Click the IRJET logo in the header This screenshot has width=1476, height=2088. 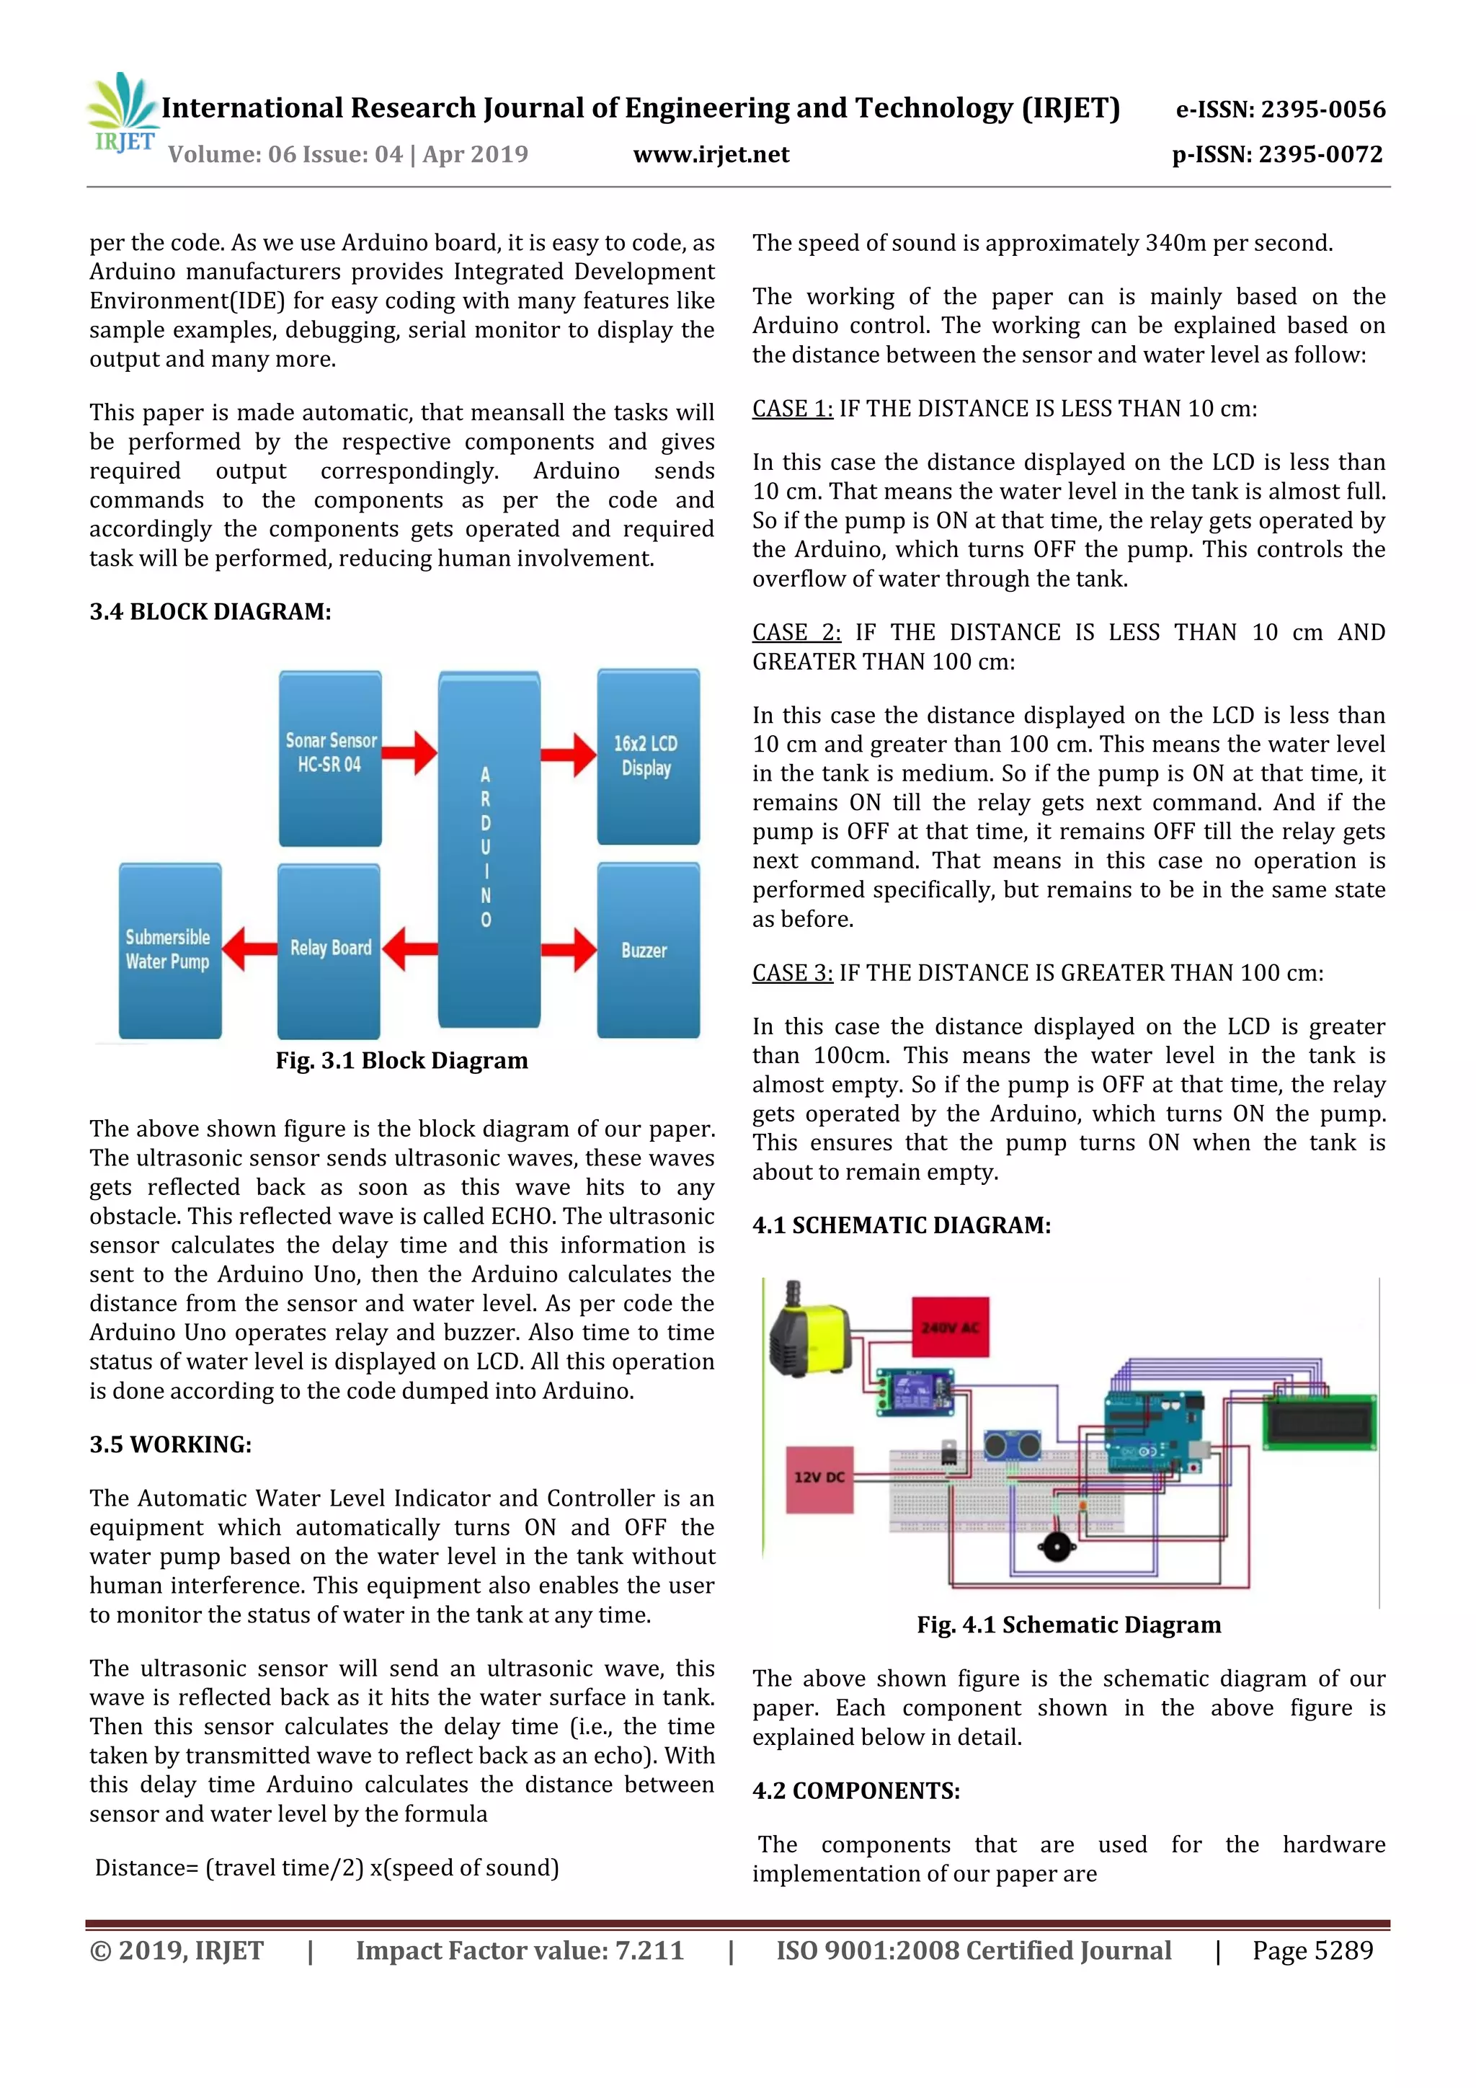[x=123, y=114]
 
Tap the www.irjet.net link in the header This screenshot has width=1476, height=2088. [x=711, y=154]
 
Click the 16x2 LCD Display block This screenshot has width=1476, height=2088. [x=647, y=757]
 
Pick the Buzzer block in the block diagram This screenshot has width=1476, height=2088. [x=647, y=951]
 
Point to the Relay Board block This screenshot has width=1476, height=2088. [x=329, y=951]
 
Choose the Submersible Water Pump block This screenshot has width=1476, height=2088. [x=170, y=951]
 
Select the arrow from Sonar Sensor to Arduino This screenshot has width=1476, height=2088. [x=410, y=752]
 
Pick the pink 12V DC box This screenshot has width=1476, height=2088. [x=819, y=1478]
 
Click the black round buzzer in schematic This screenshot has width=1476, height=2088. [x=1055, y=1547]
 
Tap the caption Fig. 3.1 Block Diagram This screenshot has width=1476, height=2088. [x=401, y=1061]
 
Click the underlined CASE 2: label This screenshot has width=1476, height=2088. [x=796, y=632]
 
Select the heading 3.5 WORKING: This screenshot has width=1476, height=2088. [x=170, y=1445]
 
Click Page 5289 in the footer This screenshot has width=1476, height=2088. [x=1312, y=1950]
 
